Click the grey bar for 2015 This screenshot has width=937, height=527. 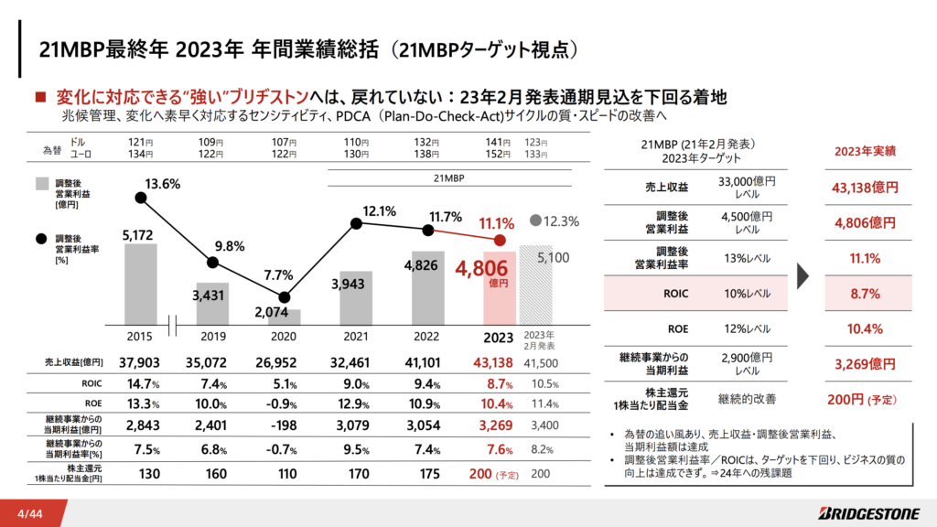(x=140, y=285)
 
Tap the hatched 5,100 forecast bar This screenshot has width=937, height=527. (x=535, y=285)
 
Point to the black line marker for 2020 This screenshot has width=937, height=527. (x=285, y=297)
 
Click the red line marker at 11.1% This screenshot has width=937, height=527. (x=500, y=241)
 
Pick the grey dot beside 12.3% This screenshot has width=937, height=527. (x=535, y=220)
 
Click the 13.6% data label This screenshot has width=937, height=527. (x=162, y=184)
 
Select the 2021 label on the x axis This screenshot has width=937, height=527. (x=356, y=337)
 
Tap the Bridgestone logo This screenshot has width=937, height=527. (x=869, y=513)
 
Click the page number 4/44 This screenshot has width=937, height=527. (x=30, y=514)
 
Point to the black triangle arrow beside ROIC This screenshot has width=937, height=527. (x=803, y=275)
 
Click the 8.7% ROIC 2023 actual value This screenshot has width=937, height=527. (x=866, y=294)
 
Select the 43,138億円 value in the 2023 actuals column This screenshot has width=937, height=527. (x=866, y=188)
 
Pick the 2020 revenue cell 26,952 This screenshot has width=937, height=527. (x=275, y=362)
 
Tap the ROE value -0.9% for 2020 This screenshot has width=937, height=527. (x=281, y=403)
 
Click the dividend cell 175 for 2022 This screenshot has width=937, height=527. (x=429, y=474)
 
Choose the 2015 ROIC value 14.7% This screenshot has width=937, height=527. (x=144, y=383)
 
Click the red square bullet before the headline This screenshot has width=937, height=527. (x=40, y=97)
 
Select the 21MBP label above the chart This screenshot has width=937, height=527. (x=448, y=178)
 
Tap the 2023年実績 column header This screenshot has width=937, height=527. (x=866, y=151)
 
